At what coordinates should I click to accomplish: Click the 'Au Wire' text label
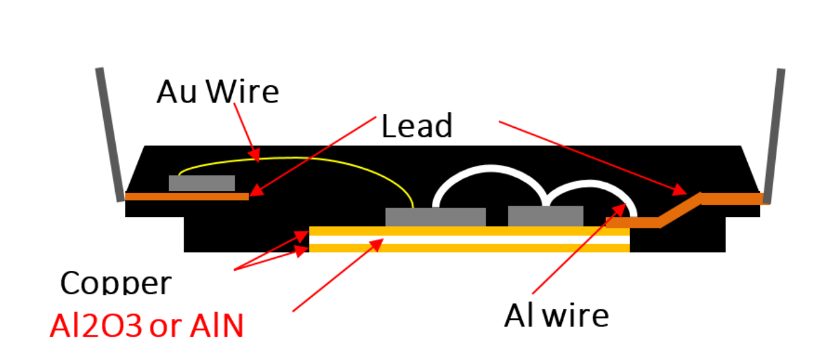tap(218, 92)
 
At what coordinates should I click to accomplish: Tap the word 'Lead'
tap(417, 126)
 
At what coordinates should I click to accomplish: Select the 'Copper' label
tap(115, 283)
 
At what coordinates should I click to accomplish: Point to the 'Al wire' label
tap(556, 315)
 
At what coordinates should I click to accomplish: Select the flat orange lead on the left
tap(186, 196)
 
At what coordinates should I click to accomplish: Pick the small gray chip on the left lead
tap(202, 183)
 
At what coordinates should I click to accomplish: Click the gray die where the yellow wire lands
tap(435, 217)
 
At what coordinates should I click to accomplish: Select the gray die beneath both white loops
tap(546, 216)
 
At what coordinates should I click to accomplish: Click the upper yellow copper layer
tap(469, 231)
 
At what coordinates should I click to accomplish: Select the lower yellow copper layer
tap(469, 248)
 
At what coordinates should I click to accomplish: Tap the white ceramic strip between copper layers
tap(469, 240)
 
